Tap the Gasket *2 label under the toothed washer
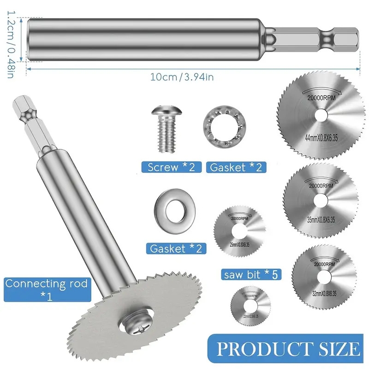pos(235,167)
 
